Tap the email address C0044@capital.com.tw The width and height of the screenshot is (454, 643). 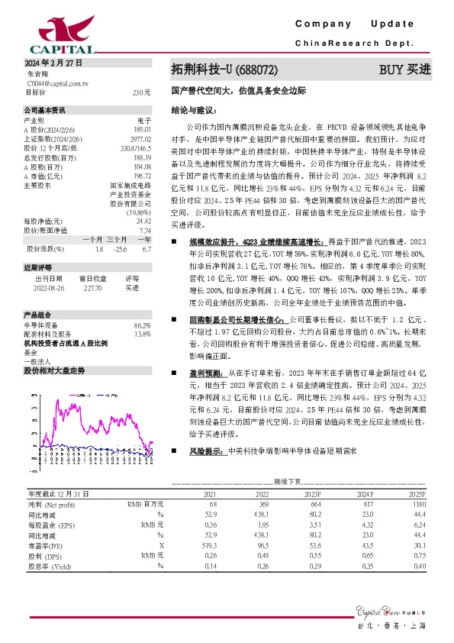58,82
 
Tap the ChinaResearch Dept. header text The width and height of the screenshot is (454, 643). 354,44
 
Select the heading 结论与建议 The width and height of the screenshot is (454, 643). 188,110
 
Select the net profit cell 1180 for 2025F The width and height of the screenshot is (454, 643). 417,505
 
